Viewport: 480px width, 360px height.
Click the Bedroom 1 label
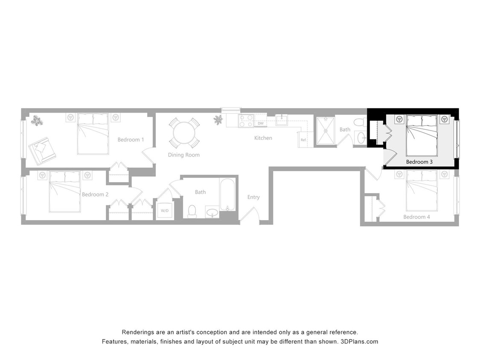[131, 140]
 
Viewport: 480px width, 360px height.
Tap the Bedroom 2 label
[95, 195]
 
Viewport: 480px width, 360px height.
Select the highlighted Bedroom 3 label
[419, 162]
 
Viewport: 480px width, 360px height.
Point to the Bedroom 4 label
[417, 217]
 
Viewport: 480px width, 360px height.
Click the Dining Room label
[183, 155]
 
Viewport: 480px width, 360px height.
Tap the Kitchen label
[263, 138]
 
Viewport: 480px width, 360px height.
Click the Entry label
[253, 197]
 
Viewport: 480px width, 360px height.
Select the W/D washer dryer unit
[165, 211]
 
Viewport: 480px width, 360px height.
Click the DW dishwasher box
[260, 124]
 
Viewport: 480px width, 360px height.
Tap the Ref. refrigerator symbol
[304, 140]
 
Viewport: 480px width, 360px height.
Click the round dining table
[184, 133]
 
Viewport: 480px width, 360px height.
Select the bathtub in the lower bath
[227, 195]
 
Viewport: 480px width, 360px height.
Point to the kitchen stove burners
[246, 121]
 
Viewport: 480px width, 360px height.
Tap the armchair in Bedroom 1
[42, 150]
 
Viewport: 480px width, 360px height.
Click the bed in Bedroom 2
[64, 192]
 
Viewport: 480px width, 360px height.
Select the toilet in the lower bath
[192, 211]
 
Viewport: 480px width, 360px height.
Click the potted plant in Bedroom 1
[37, 121]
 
